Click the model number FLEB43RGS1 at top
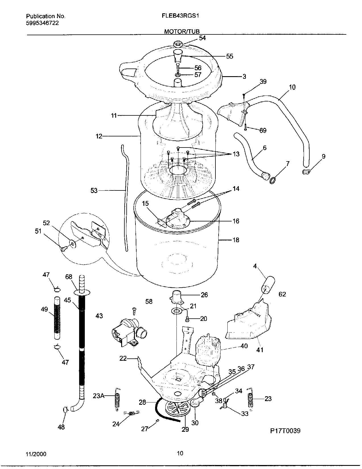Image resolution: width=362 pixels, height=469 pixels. coord(180,16)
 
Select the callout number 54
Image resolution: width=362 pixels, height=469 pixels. coord(202,38)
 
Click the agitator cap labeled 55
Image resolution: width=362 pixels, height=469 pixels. coord(177,55)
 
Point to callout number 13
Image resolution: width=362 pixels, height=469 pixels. coord(236,154)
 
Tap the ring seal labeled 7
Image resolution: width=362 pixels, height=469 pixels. coord(273,180)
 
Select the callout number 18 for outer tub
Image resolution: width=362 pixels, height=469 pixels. coord(236,240)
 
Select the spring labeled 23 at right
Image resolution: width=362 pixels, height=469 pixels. coord(250,399)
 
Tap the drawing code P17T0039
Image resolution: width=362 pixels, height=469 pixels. coord(285,431)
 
